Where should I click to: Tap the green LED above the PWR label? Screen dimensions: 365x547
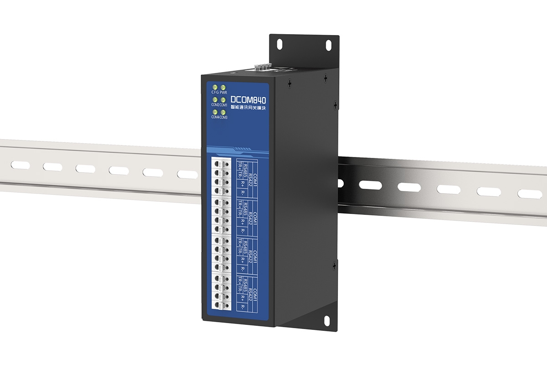click(x=223, y=87)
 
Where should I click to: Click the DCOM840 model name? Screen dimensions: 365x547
click(x=248, y=99)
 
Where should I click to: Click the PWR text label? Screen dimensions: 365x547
click(x=223, y=92)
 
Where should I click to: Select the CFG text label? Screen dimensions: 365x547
click(x=215, y=92)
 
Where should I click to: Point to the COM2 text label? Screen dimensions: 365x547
click(x=215, y=105)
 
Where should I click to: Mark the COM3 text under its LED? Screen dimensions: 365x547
click(x=223, y=117)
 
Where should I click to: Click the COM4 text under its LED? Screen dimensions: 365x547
click(x=215, y=117)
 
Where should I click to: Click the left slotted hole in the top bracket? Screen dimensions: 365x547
click(x=279, y=44)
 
